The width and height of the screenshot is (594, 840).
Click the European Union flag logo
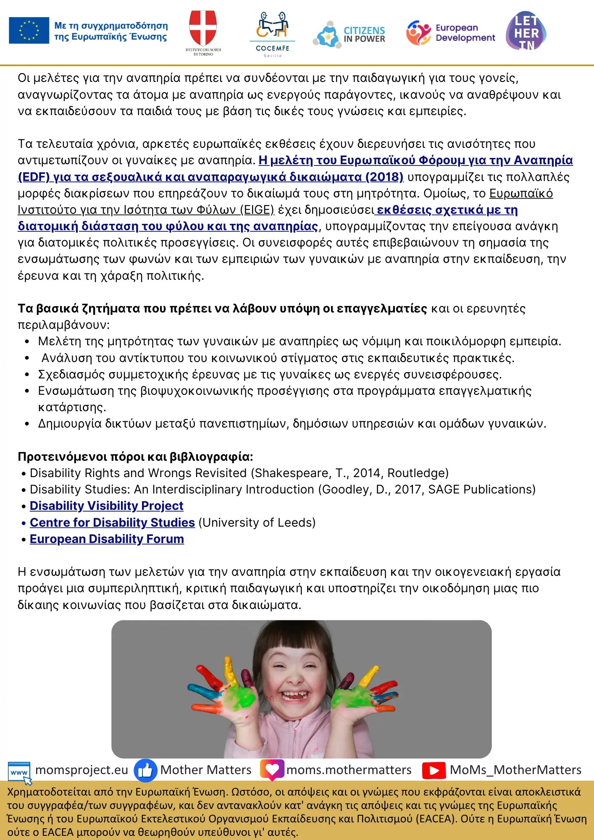[x=29, y=31]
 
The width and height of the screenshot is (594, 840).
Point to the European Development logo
[x=450, y=33]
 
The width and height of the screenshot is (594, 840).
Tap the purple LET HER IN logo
[x=526, y=31]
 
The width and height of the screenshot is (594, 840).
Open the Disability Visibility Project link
[x=106, y=506]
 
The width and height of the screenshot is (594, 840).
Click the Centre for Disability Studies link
[x=112, y=522]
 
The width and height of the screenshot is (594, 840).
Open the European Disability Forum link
[x=107, y=539]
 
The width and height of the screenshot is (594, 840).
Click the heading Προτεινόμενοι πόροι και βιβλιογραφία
[x=135, y=457]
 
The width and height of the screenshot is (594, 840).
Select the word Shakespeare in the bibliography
[x=292, y=473]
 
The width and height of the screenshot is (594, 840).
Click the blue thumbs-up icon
[x=145, y=770]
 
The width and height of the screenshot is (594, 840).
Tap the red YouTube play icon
[x=434, y=770]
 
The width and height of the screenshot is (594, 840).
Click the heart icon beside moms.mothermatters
[x=272, y=769]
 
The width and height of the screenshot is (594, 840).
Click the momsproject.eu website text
[x=81, y=770]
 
